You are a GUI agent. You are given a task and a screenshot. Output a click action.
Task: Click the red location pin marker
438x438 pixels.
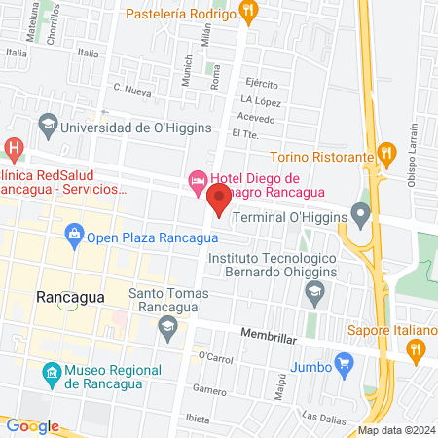218,199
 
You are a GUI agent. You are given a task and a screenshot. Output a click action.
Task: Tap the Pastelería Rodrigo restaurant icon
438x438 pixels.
249,13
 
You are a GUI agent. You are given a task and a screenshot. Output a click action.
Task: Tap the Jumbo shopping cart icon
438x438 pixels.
343,364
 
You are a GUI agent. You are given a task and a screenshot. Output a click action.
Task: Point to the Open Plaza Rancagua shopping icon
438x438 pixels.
73,234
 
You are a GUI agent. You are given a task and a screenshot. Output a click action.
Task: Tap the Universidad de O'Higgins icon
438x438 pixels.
47,125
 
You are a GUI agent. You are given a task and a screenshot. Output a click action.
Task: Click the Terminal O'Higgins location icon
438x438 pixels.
362,212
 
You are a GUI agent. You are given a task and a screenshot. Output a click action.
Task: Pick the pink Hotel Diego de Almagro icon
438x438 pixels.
196,178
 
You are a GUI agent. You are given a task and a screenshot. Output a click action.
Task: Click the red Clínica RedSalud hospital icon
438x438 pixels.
14,149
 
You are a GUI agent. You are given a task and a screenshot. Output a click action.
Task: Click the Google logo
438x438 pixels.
32,425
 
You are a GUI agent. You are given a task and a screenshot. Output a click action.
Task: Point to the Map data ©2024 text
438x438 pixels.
396,430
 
